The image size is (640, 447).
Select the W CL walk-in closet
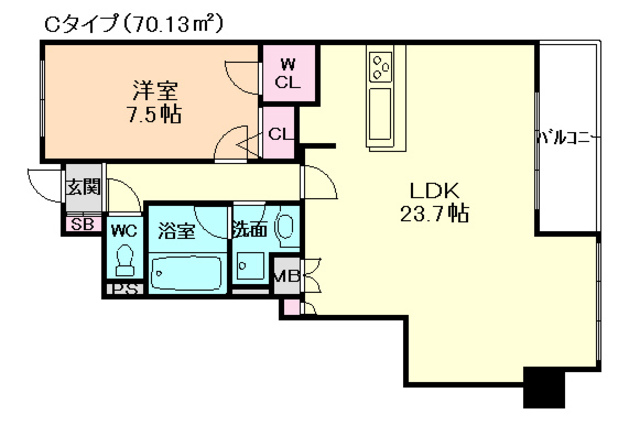coord(286,73)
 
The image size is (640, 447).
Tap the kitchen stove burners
coord(382,66)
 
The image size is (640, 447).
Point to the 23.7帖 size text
coord(431,213)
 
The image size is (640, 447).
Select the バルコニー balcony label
coord(568,136)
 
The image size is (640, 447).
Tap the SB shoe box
coord(81,224)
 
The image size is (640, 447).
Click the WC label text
coord(124,229)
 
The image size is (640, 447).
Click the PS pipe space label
coord(125,290)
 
